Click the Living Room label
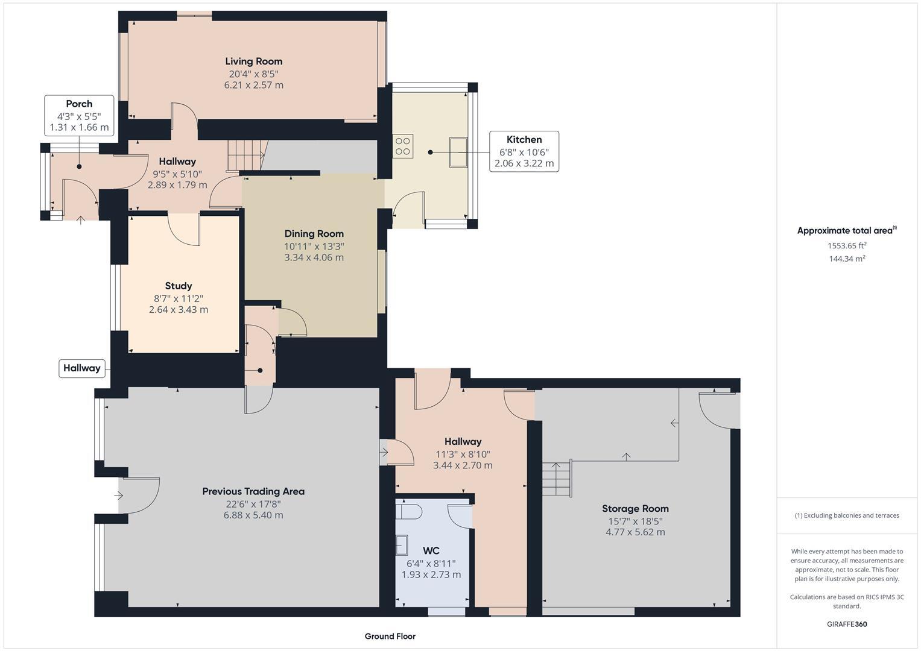coord(253,61)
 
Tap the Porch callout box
coord(79,115)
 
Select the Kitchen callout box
coord(524,151)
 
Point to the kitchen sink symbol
coord(458,152)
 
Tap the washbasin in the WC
coord(401,545)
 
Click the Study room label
coord(178,286)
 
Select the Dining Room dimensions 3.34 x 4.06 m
coord(314,257)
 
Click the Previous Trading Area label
coord(253,491)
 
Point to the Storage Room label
coord(635,508)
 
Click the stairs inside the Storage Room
coord(556,479)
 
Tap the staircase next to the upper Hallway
coord(245,156)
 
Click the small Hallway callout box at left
coord(82,368)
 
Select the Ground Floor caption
coord(390,636)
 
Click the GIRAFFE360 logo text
coord(847,624)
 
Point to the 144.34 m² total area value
coord(847,259)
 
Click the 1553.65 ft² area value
coord(847,245)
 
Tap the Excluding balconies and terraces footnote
coord(847,515)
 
